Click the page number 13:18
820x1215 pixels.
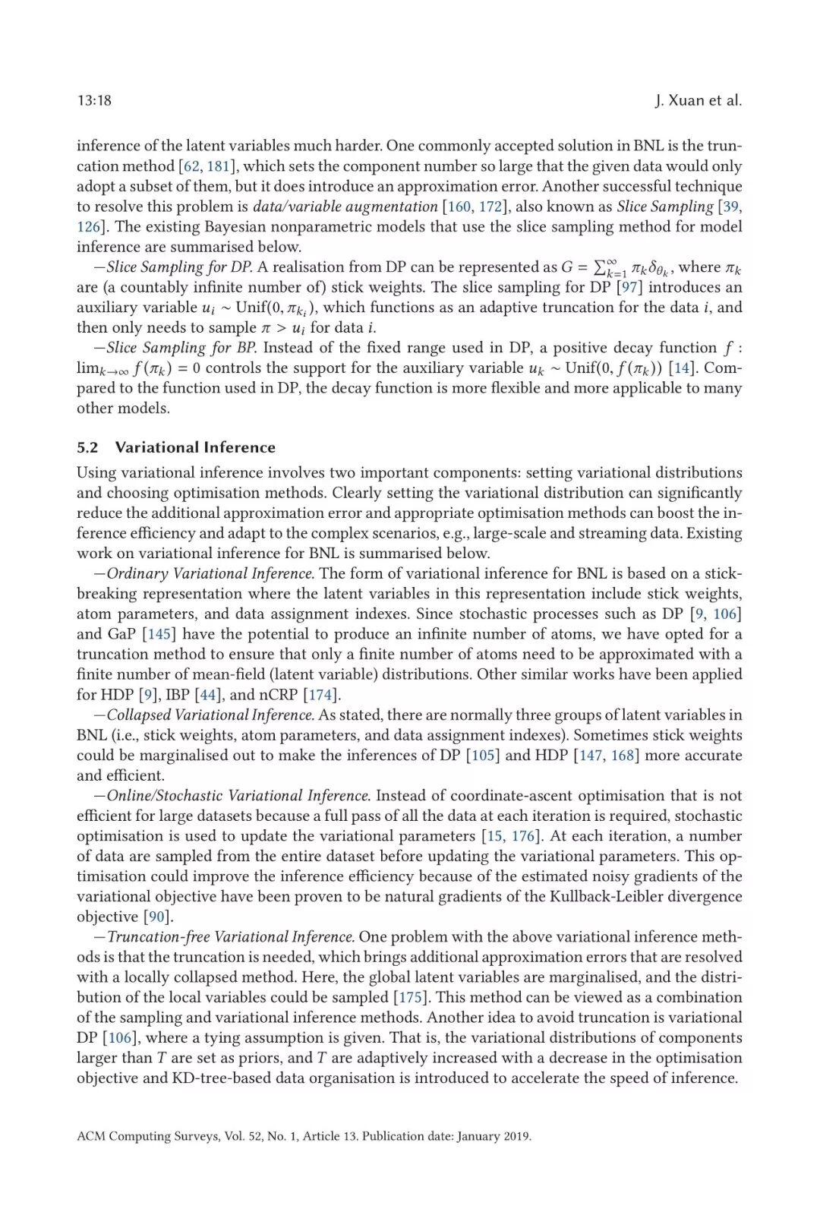pyautogui.click(x=94, y=100)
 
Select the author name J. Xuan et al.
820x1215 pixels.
pyautogui.click(x=698, y=100)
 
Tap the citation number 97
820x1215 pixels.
pyautogui.click(x=629, y=287)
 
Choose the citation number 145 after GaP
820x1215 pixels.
pyautogui.click(x=159, y=634)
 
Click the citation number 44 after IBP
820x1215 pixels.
pyautogui.click(x=208, y=695)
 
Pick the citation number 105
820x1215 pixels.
pyautogui.click(x=483, y=756)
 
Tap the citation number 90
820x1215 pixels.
pyautogui.click(x=157, y=917)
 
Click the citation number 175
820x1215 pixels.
pyautogui.click(x=411, y=997)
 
